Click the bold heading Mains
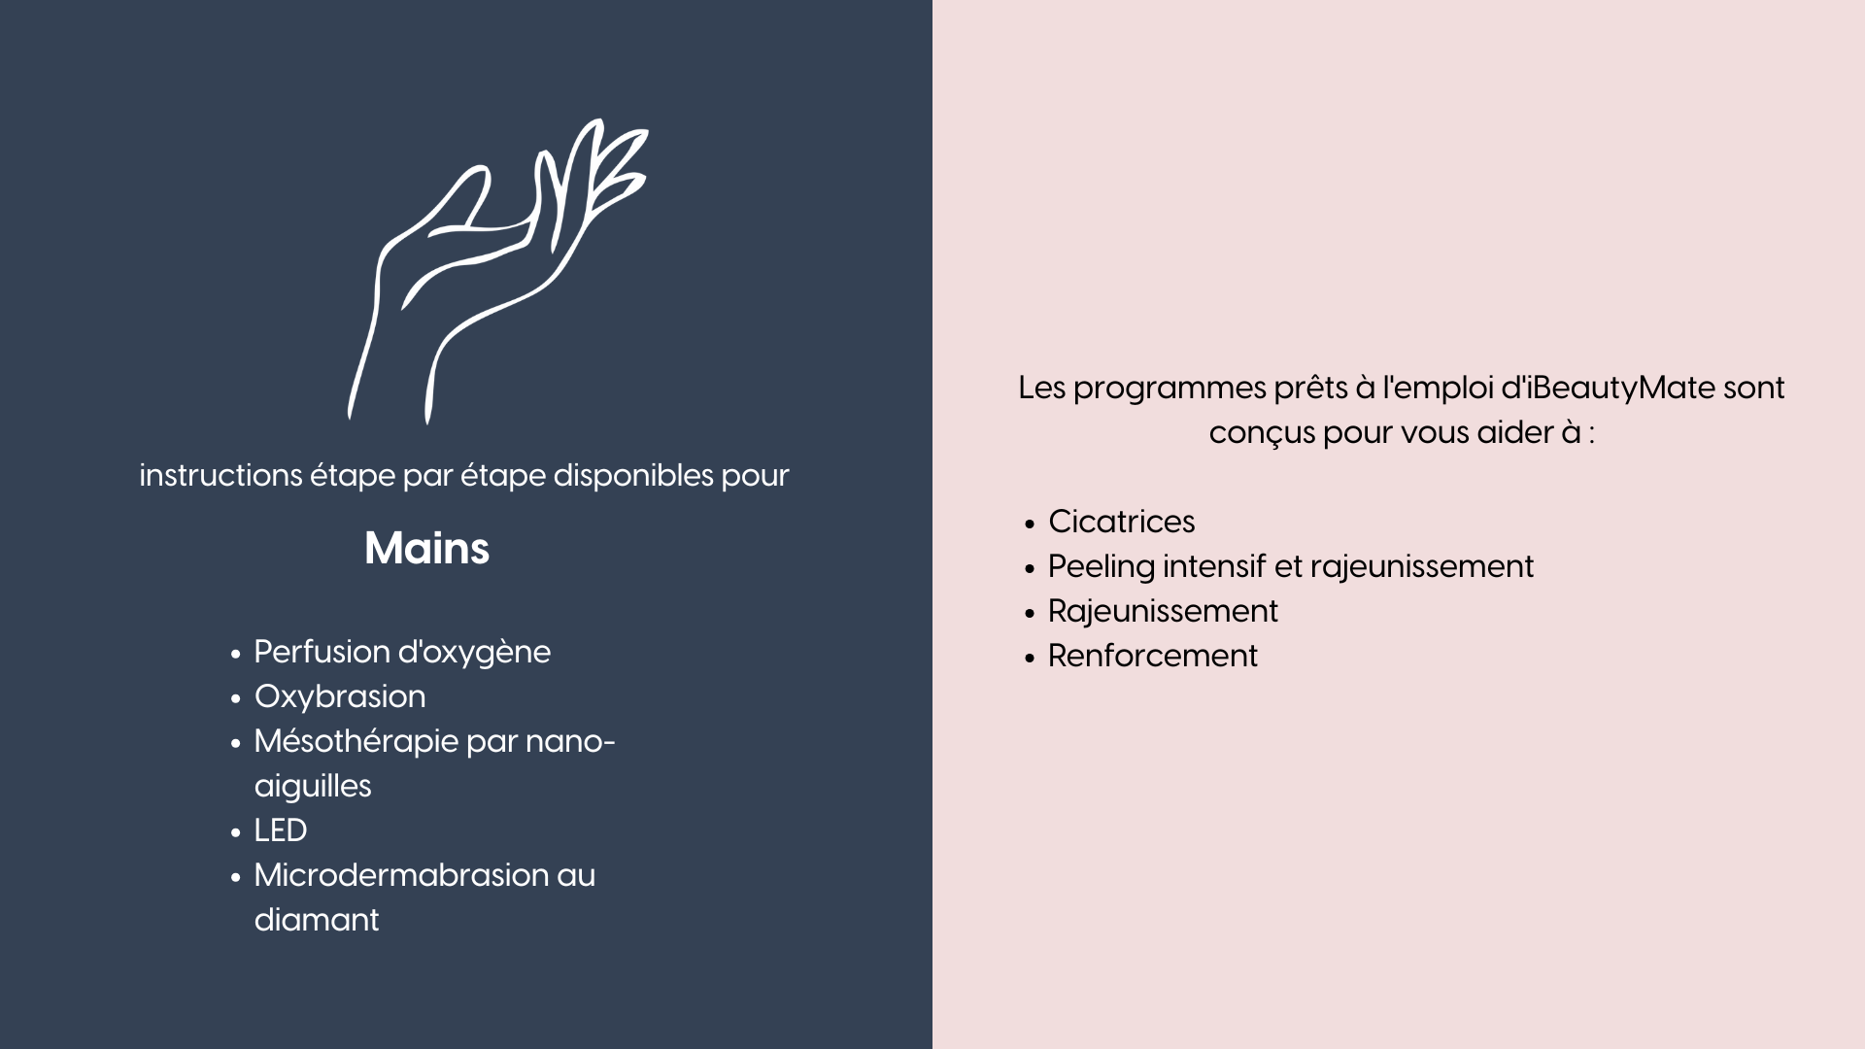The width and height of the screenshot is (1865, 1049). tap(426, 549)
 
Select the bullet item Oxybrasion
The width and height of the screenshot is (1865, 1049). tap(340, 697)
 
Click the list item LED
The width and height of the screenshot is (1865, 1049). tap(281, 830)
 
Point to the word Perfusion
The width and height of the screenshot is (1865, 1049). tap(322, 652)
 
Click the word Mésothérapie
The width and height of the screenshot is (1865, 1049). tap(356, 742)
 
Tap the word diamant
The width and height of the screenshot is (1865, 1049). tap(317, 920)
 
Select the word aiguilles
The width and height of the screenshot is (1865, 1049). tap(313, 787)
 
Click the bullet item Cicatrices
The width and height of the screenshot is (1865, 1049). tap(1122, 522)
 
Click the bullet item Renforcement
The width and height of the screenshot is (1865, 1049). tap(1153, 656)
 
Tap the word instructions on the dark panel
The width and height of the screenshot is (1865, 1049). tap(220, 476)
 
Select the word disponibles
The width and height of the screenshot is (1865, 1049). tap(633, 476)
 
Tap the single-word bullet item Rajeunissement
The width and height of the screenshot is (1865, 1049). tap(1163, 612)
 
